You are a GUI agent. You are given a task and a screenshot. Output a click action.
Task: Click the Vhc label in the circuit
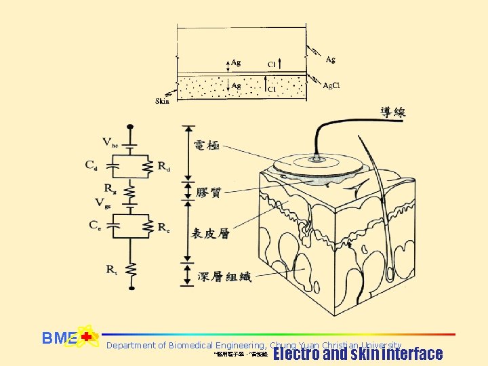coord(108,142)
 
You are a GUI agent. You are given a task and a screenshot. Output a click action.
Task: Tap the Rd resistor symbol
coord(147,164)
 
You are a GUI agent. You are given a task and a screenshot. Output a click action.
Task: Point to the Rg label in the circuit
coord(109,188)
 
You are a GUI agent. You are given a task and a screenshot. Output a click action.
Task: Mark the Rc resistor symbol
coord(147,226)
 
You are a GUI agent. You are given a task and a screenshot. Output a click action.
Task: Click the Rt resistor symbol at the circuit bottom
coord(130,270)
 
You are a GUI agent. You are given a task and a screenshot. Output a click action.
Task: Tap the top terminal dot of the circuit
coord(130,127)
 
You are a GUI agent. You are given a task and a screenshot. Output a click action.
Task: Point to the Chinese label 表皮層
coord(210,233)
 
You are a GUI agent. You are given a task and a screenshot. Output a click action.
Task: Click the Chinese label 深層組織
coord(220,277)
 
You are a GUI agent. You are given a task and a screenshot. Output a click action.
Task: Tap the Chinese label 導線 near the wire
coord(392,112)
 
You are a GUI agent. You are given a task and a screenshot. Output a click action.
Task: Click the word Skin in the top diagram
coord(163,102)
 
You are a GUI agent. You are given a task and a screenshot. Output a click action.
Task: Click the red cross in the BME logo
coord(86,337)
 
